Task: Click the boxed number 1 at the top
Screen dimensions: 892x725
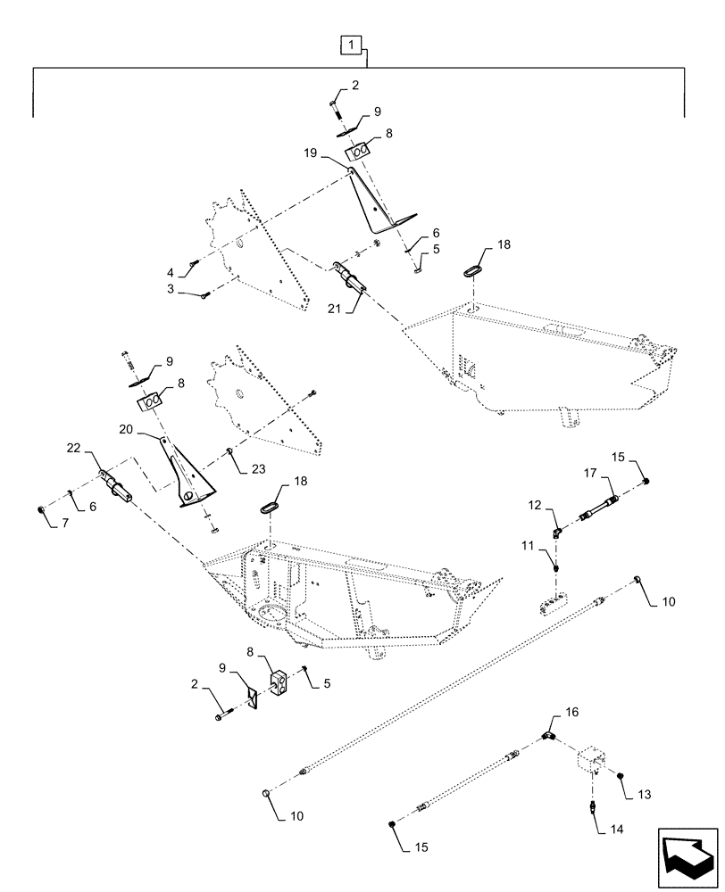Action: tap(353, 44)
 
